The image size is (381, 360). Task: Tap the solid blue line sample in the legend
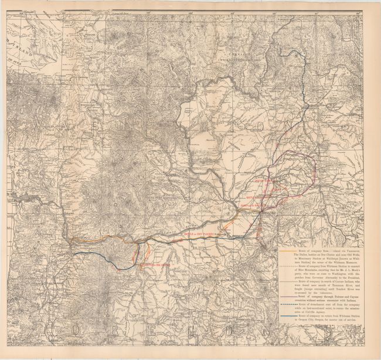click(287, 315)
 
